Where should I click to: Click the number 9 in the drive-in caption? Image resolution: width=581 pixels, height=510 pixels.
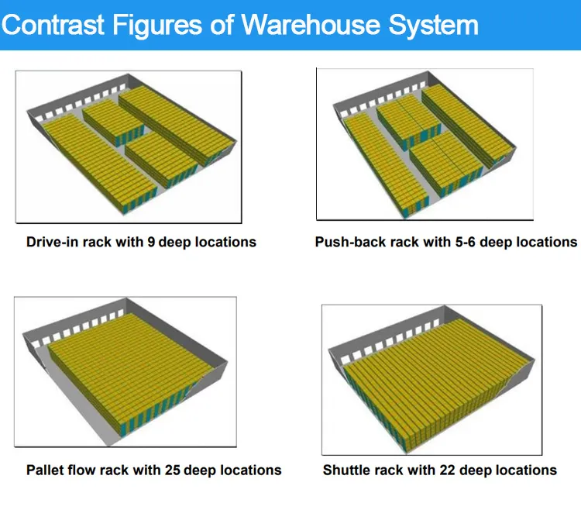click(151, 243)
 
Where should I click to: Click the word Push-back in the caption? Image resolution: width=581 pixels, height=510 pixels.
click(346, 243)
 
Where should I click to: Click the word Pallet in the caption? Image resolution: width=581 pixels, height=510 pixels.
click(46, 470)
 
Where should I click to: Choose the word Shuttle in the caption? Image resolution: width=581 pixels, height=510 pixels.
click(348, 470)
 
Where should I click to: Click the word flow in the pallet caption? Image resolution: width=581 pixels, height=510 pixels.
click(84, 470)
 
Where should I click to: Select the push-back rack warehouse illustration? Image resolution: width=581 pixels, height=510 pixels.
click(425, 143)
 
